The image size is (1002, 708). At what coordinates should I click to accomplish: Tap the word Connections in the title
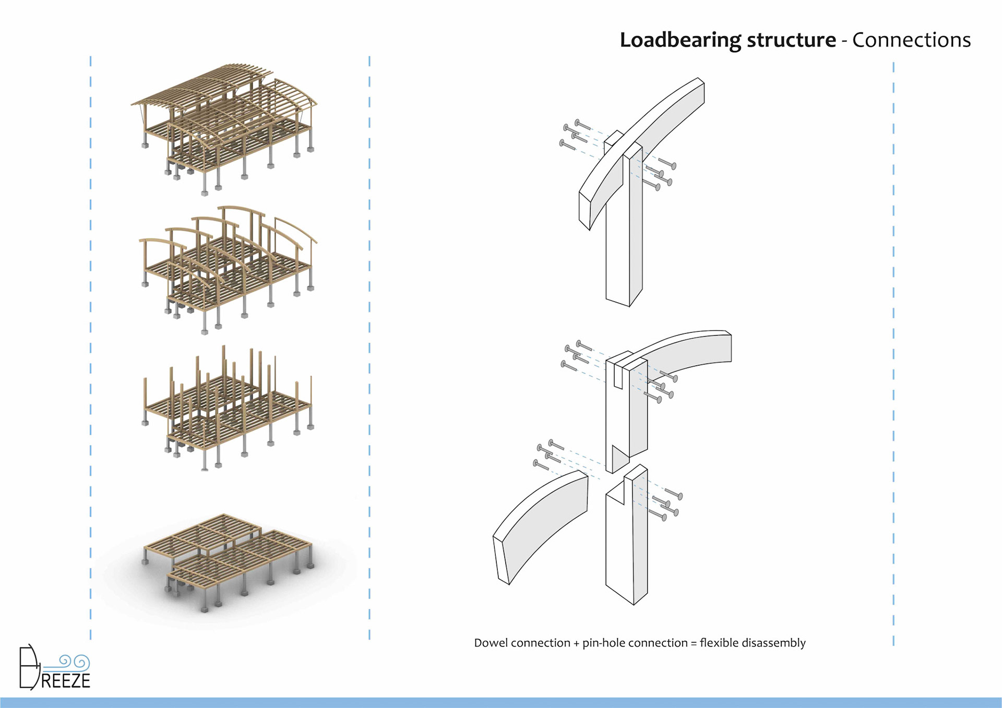point(911,40)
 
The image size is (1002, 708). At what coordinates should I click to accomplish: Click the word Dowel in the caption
point(491,643)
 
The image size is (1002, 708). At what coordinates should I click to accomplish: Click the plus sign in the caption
point(577,643)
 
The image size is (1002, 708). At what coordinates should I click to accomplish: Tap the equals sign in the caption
point(694,643)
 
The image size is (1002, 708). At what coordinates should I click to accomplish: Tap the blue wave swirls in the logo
point(73,662)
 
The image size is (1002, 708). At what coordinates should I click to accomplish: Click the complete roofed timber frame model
point(224,125)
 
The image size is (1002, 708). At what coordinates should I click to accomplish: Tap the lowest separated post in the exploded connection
point(626,548)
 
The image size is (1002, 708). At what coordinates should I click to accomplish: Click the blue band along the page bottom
point(501,702)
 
